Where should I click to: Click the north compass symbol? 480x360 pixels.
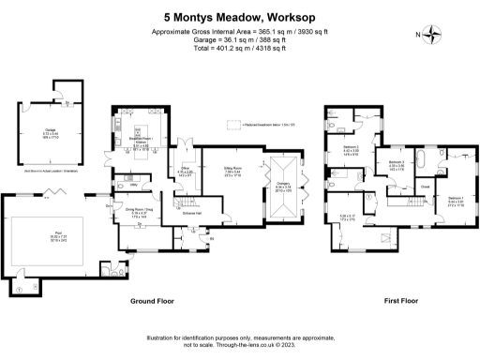point(432,36)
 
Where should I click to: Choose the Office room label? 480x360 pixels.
point(186,170)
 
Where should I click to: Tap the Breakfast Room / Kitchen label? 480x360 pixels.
point(141,143)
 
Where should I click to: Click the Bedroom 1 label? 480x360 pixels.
point(456,198)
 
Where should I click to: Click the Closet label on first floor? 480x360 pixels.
point(424,187)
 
